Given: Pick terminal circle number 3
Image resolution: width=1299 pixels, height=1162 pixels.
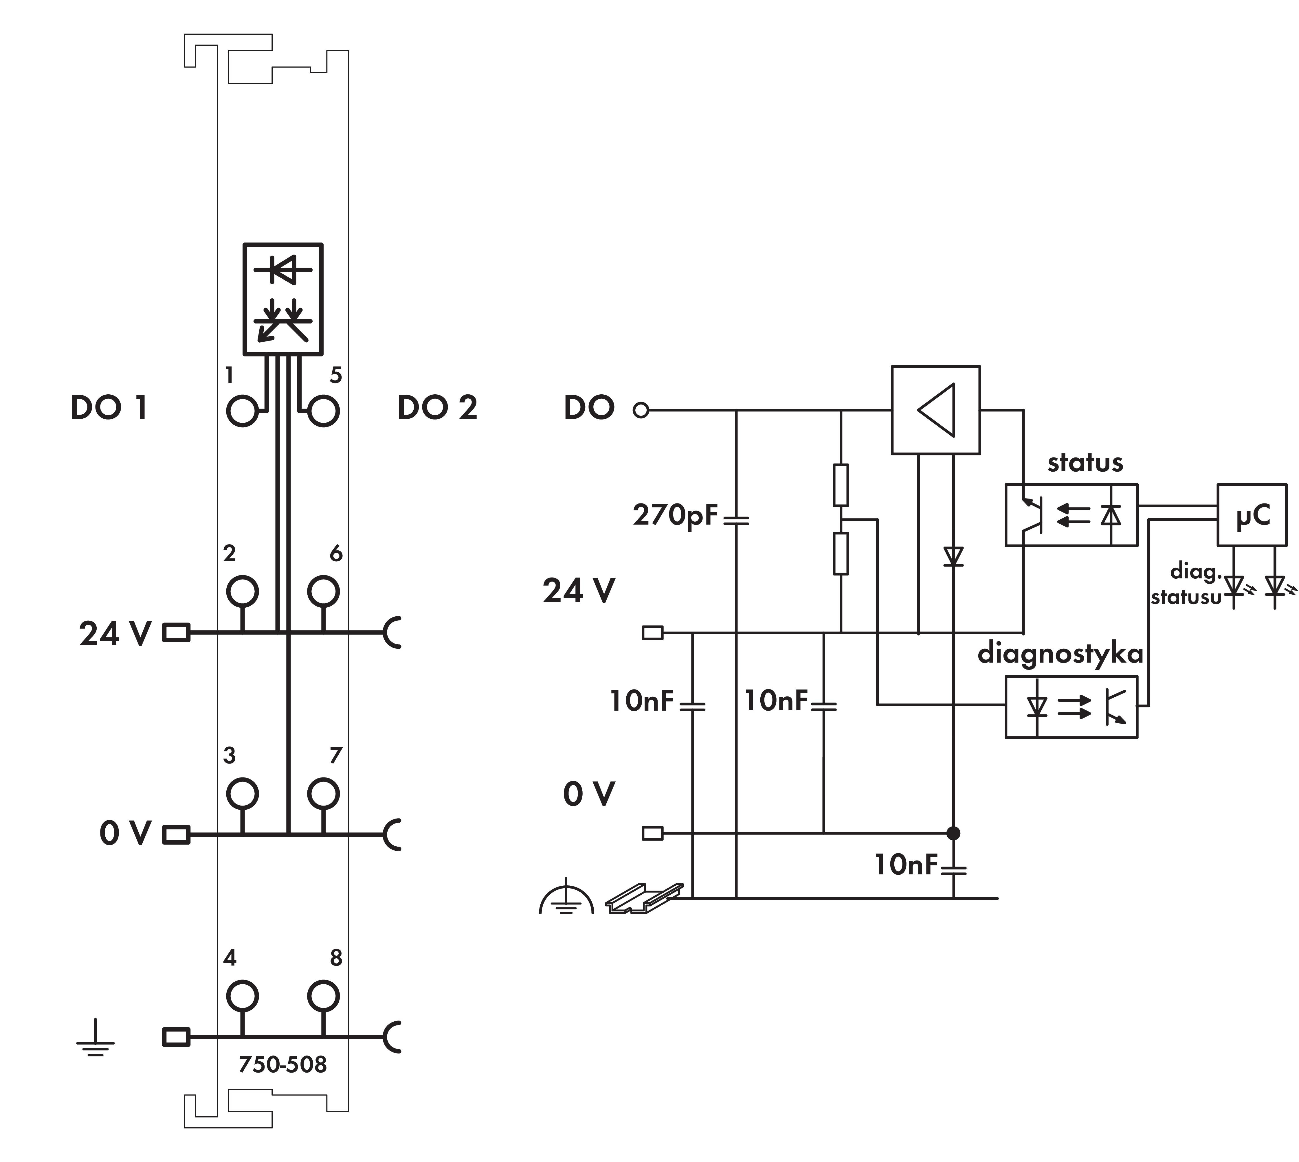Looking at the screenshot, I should pyautogui.click(x=242, y=794).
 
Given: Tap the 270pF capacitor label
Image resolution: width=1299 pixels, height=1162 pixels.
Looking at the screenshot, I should pyautogui.click(x=676, y=515).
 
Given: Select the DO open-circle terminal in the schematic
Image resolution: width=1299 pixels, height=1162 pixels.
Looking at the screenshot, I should pyautogui.click(x=641, y=410).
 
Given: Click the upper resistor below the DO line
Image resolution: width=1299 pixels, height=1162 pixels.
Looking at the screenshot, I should pyautogui.click(x=841, y=485).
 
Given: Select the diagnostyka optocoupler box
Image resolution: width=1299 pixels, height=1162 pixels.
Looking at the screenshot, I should pyautogui.click(x=1071, y=707).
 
